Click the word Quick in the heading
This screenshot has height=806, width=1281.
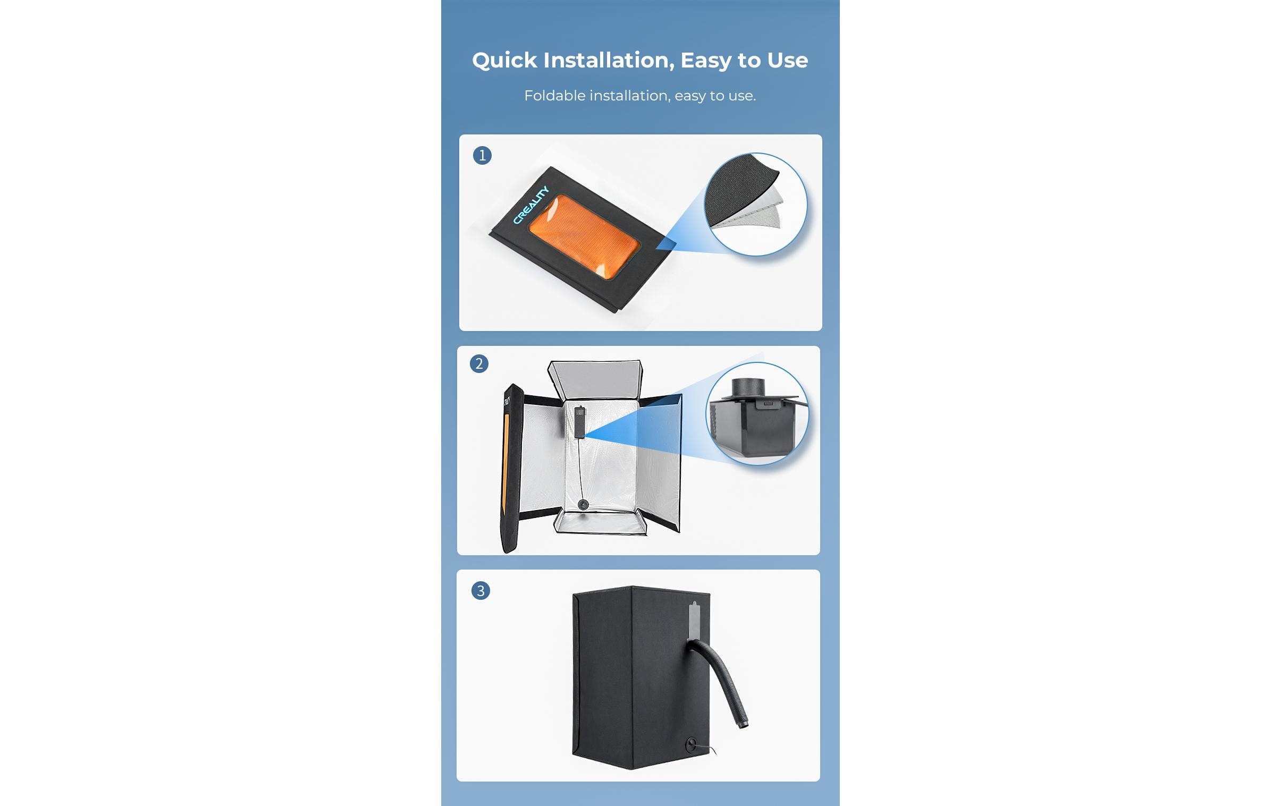pos(504,61)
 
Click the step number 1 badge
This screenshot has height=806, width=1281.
pos(482,155)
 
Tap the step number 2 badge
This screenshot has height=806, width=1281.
pos(479,363)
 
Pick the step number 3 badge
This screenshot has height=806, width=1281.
pos(481,591)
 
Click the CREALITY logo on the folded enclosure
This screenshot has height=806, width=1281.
pos(530,205)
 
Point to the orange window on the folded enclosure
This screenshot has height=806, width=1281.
pos(585,236)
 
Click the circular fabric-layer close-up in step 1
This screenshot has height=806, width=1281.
pos(755,204)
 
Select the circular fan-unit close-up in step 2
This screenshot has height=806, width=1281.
pos(757,414)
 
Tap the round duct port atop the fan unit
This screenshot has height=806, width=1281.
pos(748,387)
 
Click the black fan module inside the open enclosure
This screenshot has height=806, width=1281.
pos(579,423)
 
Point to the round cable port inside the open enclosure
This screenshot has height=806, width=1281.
pos(583,505)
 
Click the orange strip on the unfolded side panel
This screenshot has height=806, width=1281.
pos(505,469)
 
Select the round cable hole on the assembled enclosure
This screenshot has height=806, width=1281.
pos(691,744)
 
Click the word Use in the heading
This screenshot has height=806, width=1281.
pos(787,61)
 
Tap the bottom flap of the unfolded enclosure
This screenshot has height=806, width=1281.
pos(600,522)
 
